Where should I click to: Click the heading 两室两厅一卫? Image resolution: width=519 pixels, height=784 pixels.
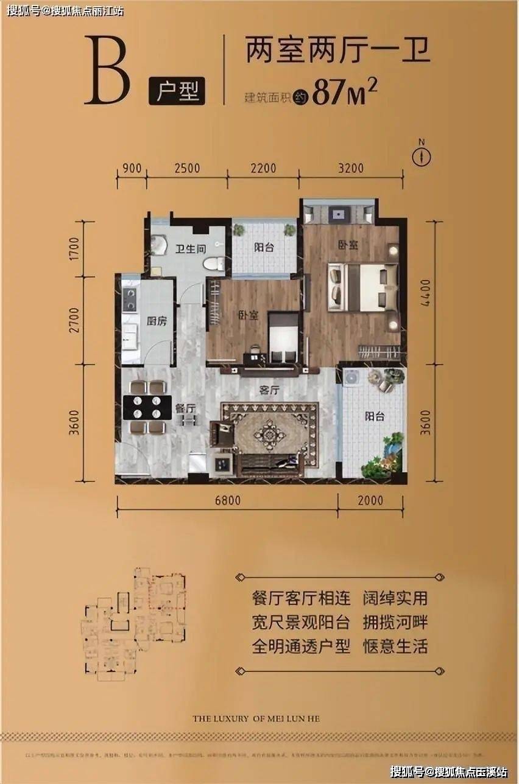338,50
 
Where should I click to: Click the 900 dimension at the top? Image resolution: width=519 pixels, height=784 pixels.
132,168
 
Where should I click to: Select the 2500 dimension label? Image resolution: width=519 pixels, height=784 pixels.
186,168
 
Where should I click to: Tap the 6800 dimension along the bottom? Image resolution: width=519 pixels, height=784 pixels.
227,500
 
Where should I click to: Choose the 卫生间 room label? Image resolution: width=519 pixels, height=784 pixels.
189,248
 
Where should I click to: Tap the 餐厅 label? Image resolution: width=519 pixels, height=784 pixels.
185,408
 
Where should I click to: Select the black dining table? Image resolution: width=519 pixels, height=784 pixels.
147,407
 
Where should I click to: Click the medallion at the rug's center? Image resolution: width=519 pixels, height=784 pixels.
270,434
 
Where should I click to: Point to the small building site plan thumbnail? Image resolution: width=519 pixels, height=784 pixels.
135,623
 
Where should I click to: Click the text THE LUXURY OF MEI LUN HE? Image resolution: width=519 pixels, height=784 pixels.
256,718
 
